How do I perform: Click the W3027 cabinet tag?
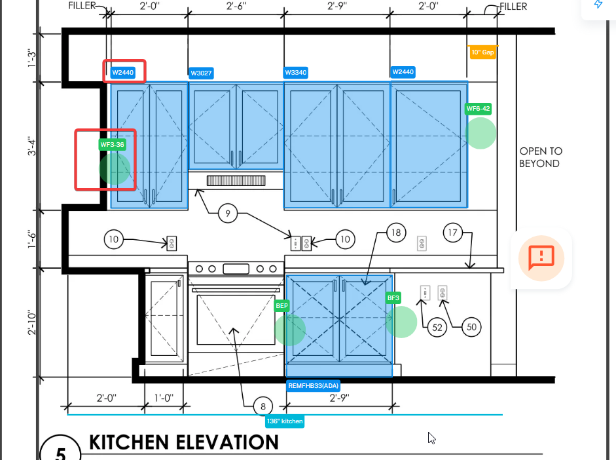click(201, 73)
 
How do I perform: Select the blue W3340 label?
click(296, 72)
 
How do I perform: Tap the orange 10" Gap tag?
click(483, 52)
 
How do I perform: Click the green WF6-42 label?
click(478, 109)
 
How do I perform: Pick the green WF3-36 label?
click(112, 145)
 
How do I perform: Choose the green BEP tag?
click(281, 305)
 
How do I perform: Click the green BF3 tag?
click(393, 297)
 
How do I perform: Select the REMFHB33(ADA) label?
click(313, 386)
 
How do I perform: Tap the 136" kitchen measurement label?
click(285, 421)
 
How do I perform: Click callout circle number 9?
click(228, 214)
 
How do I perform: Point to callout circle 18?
click(396, 233)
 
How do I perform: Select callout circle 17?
click(452, 233)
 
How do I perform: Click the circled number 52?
click(437, 327)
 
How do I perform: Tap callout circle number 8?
click(263, 406)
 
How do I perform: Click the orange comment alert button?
click(541, 258)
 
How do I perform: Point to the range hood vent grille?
click(236, 180)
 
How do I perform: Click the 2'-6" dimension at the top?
click(236, 6)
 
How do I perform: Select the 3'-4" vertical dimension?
click(32, 146)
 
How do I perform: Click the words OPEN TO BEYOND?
click(541, 157)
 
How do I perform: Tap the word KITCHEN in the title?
click(129, 442)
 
